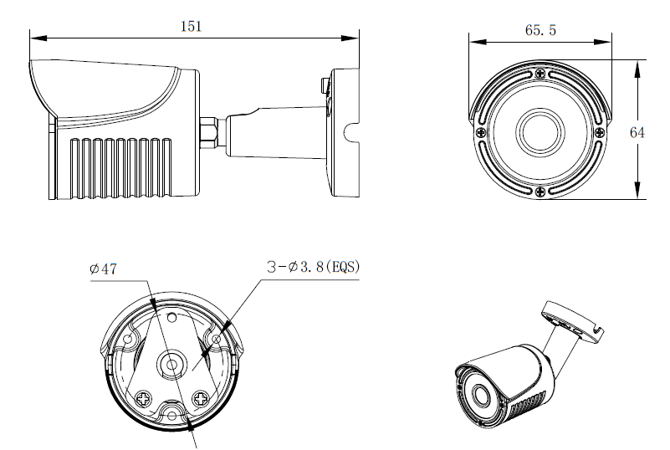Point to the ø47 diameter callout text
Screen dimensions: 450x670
click(x=101, y=270)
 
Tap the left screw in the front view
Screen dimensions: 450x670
click(x=481, y=132)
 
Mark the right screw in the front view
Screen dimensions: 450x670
click(x=599, y=132)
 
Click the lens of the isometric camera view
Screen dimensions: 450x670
click(x=480, y=395)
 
